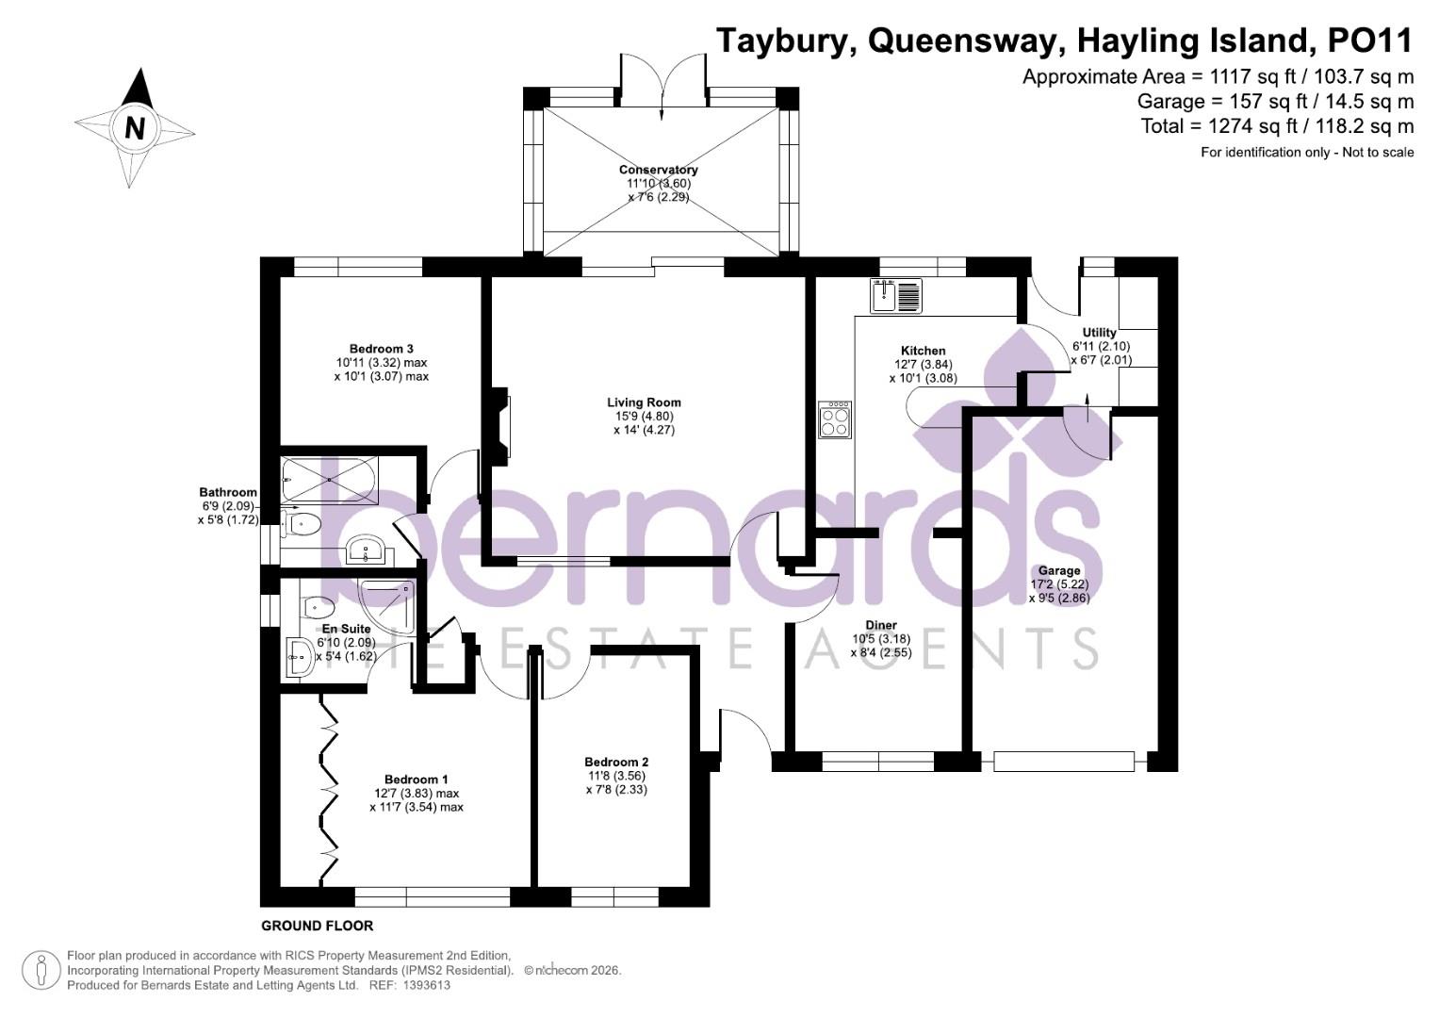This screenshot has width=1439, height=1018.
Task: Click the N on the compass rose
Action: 135,128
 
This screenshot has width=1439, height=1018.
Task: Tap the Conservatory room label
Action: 658,170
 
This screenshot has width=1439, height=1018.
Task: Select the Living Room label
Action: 644,402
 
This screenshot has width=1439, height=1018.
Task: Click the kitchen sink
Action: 896,296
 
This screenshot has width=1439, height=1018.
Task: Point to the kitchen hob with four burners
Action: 835,419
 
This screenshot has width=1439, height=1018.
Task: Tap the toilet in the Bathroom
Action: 303,524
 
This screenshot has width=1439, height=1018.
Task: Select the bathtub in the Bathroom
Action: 329,480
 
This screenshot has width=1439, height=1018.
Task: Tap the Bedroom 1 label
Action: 416,780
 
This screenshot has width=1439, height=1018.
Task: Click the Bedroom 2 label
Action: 616,762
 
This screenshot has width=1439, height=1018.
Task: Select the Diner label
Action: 881,625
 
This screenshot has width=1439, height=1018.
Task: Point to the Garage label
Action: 1059,570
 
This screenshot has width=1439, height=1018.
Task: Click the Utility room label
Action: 1099,333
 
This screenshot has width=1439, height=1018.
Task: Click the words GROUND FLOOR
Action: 317,926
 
